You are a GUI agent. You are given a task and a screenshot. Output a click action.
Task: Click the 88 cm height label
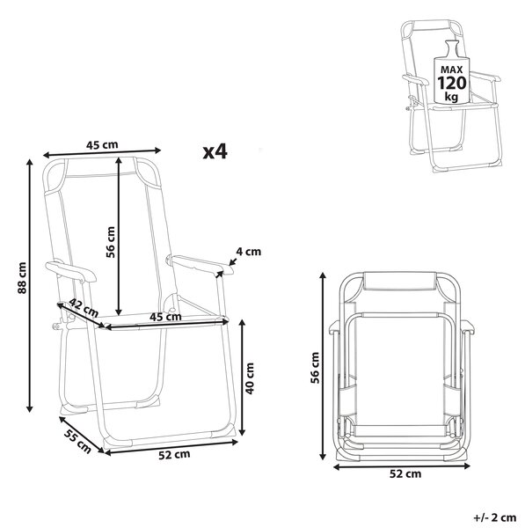click(x=22, y=278)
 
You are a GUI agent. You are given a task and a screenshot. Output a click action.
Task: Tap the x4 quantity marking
click(x=215, y=152)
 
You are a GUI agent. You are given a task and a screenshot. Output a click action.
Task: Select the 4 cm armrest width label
click(x=248, y=252)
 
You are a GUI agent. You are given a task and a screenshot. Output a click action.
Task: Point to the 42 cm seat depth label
click(x=84, y=307)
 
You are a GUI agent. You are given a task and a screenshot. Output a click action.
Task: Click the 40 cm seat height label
click(x=250, y=378)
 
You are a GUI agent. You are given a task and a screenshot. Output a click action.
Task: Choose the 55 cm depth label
click(x=78, y=441)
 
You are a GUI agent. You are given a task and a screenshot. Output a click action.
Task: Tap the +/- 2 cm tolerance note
click(x=495, y=517)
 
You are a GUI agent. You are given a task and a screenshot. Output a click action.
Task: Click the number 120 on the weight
click(x=452, y=83)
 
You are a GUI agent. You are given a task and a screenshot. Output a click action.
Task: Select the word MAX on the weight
click(x=452, y=70)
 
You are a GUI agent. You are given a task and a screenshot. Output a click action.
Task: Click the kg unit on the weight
click(x=451, y=97)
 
